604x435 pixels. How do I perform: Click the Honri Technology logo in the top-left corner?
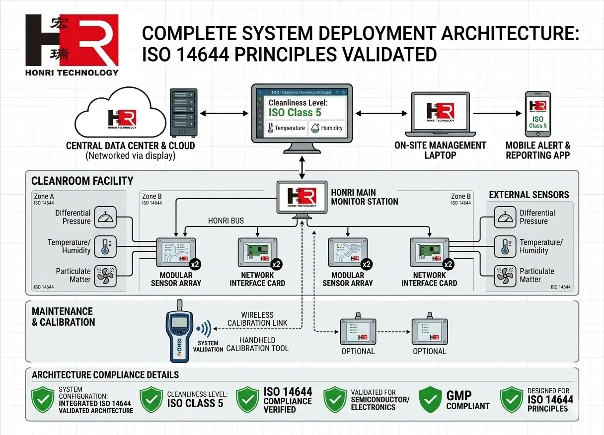[72, 45]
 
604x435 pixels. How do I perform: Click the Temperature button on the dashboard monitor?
[286, 128]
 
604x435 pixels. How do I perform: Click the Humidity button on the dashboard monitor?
[327, 128]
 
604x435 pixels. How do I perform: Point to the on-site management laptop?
[440, 114]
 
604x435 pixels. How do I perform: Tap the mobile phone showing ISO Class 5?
[538, 114]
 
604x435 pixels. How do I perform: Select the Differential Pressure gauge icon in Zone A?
[105, 217]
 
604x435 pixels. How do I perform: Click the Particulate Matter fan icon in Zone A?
[105, 275]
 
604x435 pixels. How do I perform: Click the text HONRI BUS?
[226, 221]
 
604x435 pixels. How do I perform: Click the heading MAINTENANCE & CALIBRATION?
[63, 317]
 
